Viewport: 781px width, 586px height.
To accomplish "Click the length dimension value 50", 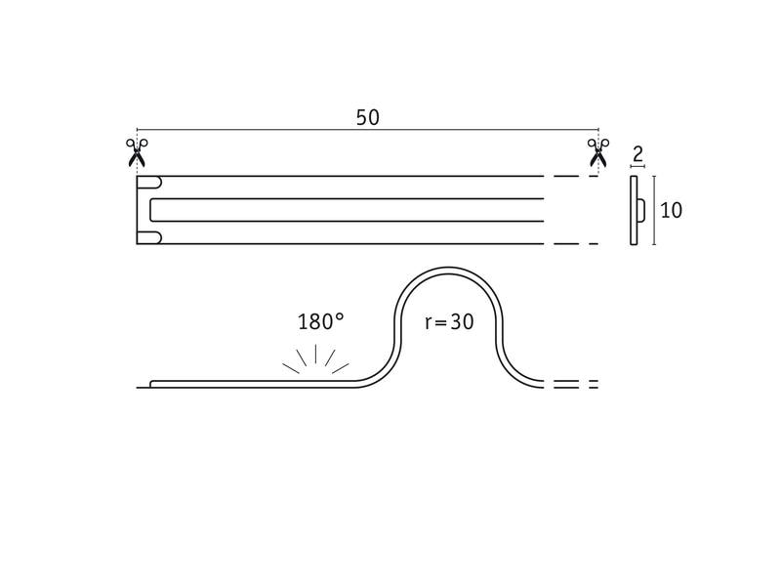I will click(x=367, y=117).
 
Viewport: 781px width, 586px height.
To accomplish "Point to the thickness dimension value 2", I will click(x=637, y=152).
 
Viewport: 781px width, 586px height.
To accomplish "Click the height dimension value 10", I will click(x=671, y=210).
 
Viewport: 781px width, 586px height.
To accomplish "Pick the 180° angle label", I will click(x=321, y=321).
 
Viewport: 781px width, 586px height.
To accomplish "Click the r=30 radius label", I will click(x=450, y=321).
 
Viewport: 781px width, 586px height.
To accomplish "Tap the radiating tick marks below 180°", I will click(x=315, y=359).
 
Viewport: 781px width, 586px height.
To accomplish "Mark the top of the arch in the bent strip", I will click(x=449, y=269).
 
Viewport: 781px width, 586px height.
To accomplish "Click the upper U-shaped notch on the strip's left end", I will click(x=151, y=182).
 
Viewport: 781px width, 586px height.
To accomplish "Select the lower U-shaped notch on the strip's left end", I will click(x=151, y=237).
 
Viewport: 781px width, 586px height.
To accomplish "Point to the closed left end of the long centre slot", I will click(x=152, y=209).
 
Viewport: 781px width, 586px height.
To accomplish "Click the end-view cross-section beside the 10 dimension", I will click(x=635, y=210).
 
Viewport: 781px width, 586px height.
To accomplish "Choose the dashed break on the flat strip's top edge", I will click(x=573, y=177).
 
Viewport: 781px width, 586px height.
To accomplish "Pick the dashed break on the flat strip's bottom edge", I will click(x=573, y=243).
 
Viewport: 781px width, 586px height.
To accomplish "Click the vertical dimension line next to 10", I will click(x=654, y=210).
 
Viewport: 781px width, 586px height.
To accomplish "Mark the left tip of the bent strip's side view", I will click(x=140, y=387).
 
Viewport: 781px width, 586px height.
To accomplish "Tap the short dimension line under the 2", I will click(x=637, y=167).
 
